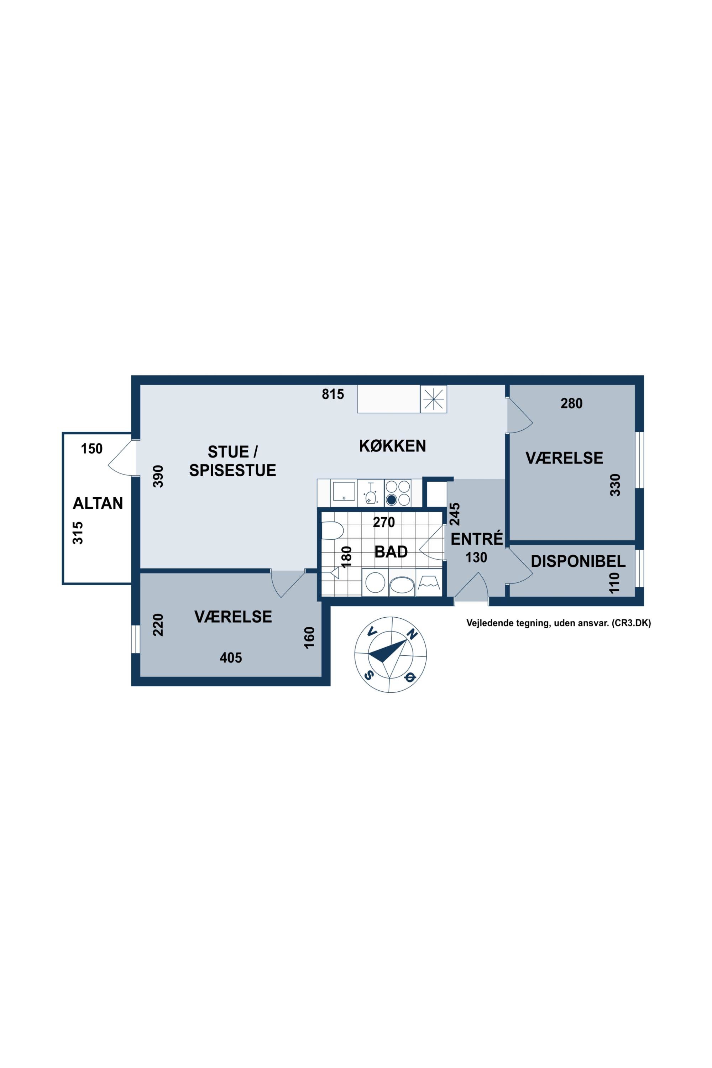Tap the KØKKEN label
392,446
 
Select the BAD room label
391,552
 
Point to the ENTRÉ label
477,539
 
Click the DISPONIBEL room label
578,561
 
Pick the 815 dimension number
333,394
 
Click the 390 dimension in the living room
158,476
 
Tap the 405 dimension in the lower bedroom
231,658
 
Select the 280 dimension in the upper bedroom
571,403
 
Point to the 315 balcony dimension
78,533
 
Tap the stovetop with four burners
398,493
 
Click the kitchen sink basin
344,491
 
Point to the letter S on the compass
370,674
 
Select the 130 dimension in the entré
476,557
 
